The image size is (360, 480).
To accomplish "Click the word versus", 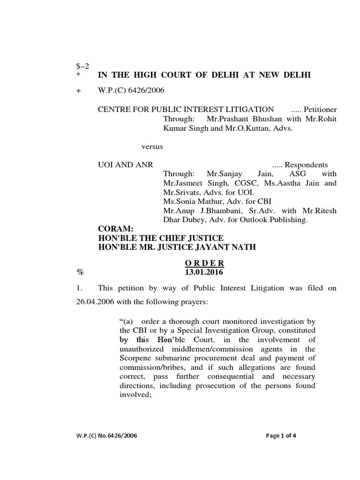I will pyautogui.click(x=152, y=146).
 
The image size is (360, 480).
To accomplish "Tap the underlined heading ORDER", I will pyautogui.click(x=205, y=262).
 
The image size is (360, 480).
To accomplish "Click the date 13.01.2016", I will pyautogui.click(x=205, y=271).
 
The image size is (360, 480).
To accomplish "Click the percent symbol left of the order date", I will pyautogui.click(x=79, y=271).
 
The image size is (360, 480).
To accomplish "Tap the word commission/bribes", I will pyautogui.click(x=149, y=367).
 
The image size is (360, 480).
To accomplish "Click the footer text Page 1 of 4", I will pyautogui.click(x=281, y=435).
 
